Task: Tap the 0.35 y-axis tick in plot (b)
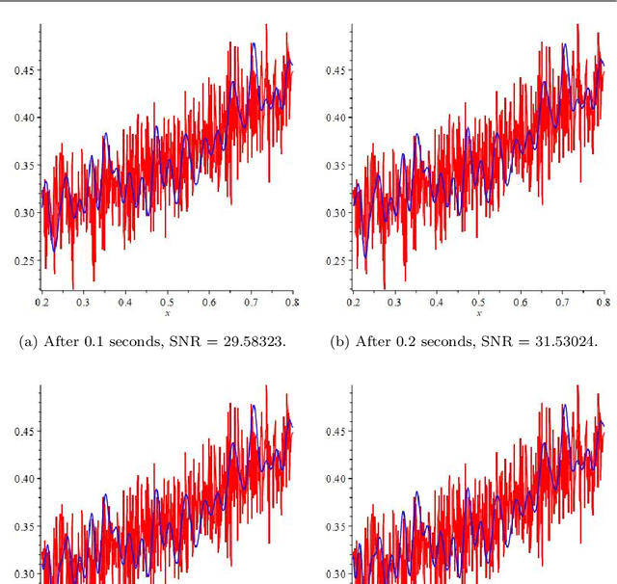click(335, 166)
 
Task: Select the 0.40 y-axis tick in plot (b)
click(335, 118)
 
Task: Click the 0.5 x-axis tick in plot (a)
click(167, 303)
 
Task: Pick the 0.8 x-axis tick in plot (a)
click(291, 303)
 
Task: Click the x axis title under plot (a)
click(167, 314)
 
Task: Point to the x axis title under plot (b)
click(478, 314)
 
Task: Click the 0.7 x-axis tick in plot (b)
click(561, 303)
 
